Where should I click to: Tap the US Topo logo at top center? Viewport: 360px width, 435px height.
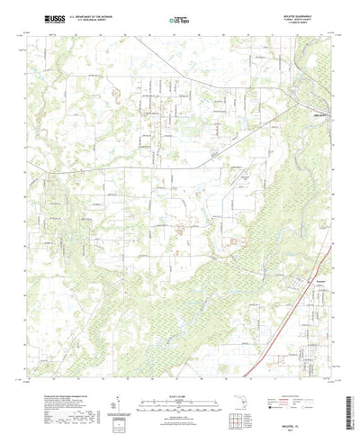coord(178,18)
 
